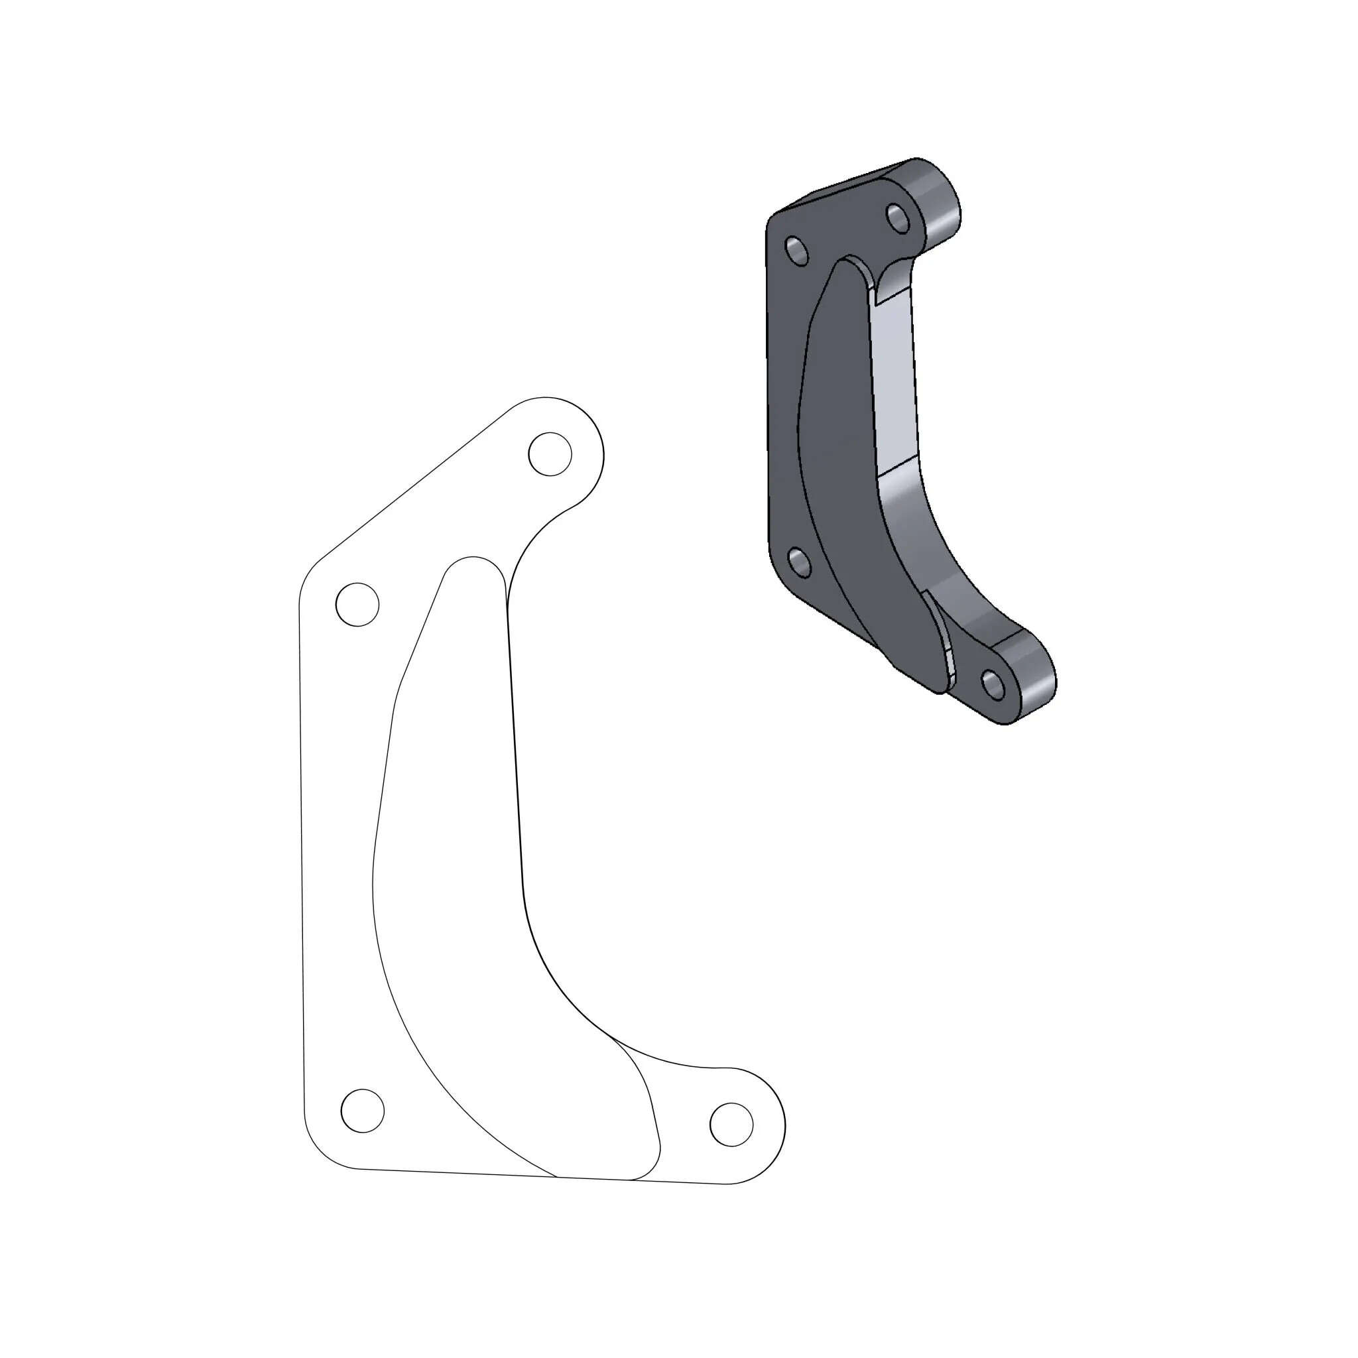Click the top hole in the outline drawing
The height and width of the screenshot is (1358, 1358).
pos(550,454)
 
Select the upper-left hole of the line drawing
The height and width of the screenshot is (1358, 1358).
pos(357,604)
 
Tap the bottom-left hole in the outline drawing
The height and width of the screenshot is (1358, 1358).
pos(362,1111)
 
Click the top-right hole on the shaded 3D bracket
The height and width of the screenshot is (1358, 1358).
pos(898,217)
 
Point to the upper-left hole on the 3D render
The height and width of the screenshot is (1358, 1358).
pos(796,251)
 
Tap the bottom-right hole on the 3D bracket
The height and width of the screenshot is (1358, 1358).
pos(993,684)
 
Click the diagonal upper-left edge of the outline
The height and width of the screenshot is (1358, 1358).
pos(414,485)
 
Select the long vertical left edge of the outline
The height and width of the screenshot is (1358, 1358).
pos(302,843)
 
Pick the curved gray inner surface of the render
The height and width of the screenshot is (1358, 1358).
pos(928,534)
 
